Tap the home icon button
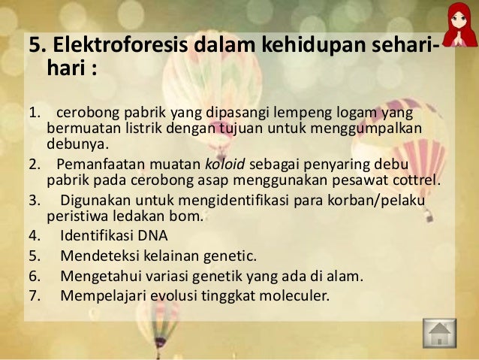tap(440, 334)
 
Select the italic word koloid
tap(227, 165)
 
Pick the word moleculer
tap(290, 295)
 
